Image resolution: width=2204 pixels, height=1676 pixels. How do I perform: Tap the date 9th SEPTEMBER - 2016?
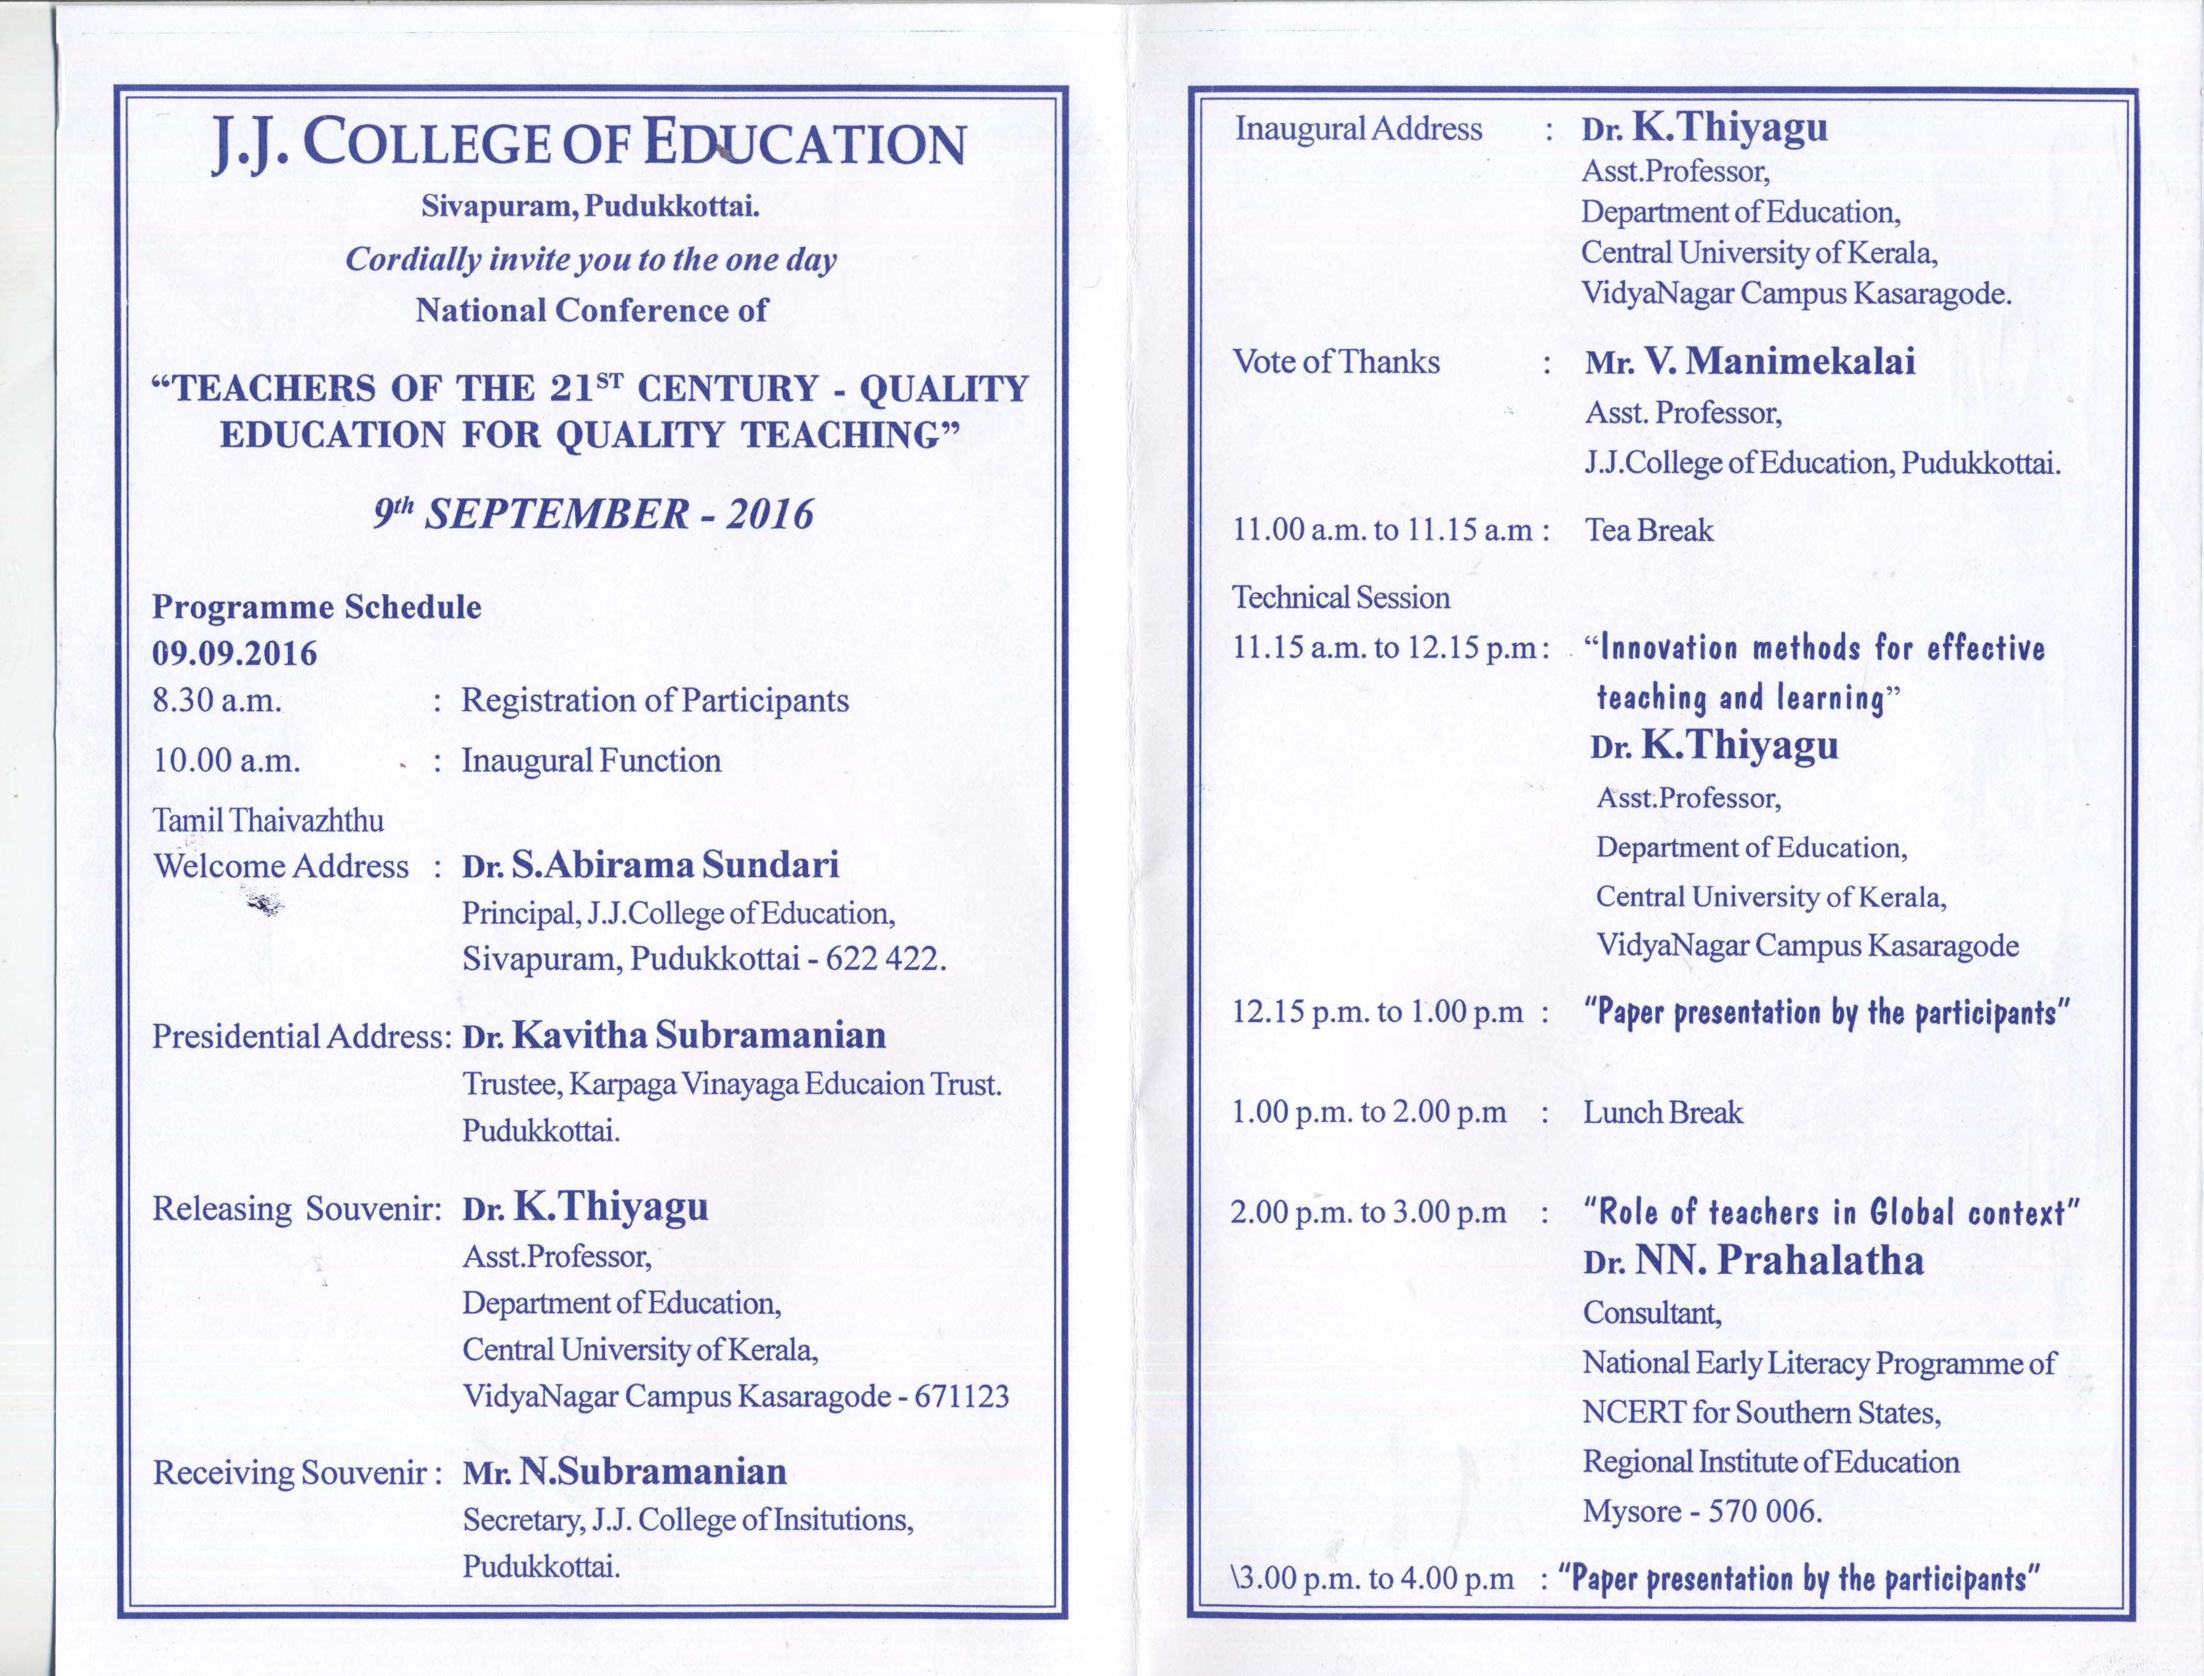point(594,515)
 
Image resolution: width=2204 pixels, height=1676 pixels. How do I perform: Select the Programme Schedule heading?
point(316,607)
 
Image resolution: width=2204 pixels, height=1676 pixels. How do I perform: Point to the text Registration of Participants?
point(654,701)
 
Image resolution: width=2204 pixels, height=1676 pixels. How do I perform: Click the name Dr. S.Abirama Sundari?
point(650,865)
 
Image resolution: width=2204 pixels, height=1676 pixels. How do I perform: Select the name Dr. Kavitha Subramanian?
point(673,1036)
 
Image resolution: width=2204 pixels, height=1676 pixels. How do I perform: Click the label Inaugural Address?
point(1358,129)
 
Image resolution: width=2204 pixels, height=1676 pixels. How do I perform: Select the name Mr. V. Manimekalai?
point(1750,361)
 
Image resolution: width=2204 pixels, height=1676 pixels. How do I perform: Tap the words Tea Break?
point(1649,530)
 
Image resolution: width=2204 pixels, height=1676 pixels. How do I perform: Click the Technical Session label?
point(1341,597)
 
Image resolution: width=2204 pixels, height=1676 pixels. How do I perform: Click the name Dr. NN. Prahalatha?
point(1753,1261)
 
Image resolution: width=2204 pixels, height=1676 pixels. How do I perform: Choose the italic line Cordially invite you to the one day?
point(590,260)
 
